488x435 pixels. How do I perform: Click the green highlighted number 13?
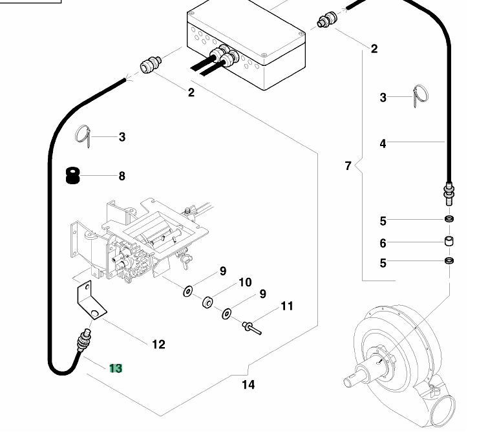[116, 368]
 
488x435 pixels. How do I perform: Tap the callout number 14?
[248, 385]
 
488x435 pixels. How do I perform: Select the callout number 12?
[158, 345]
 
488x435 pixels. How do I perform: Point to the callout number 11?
[287, 306]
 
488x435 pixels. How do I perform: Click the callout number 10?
[245, 282]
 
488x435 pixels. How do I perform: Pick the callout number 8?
[122, 176]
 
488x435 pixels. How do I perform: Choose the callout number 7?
[348, 166]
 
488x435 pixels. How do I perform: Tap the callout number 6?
[383, 243]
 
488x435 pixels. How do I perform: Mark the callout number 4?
[383, 143]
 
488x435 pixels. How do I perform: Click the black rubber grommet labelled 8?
[73, 176]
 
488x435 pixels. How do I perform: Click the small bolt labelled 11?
[252, 328]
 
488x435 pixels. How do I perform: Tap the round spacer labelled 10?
[207, 302]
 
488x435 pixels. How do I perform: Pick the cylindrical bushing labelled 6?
[449, 241]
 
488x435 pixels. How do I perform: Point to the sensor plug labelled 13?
[84, 340]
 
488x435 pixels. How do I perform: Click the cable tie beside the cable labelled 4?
[420, 96]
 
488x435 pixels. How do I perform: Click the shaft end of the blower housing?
[349, 382]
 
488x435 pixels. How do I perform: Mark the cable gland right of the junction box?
[327, 20]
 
